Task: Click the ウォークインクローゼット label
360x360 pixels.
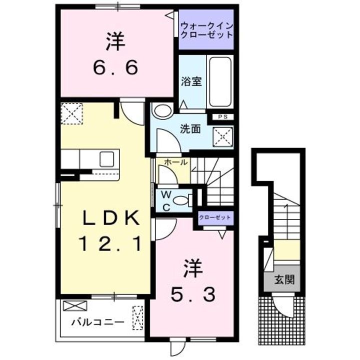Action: pyautogui.click(x=206, y=30)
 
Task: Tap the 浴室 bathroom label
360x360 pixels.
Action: pyautogui.click(x=191, y=81)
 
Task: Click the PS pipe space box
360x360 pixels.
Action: pyautogui.click(x=222, y=117)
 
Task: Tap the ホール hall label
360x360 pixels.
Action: pyautogui.click(x=175, y=162)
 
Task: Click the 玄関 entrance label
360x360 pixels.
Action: pyautogui.click(x=283, y=279)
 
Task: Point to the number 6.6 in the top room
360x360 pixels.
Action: pyautogui.click(x=114, y=68)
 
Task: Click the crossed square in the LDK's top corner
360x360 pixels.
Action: pyautogui.click(x=71, y=113)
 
